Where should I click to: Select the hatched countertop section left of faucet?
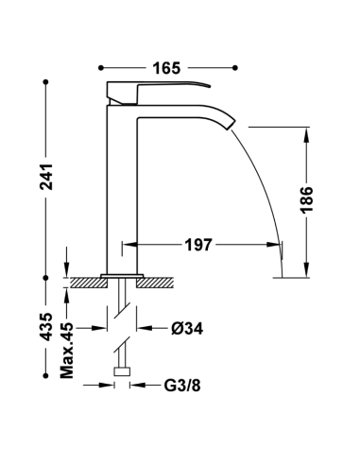[x=89, y=281]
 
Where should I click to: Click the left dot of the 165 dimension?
[x=101, y=68]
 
